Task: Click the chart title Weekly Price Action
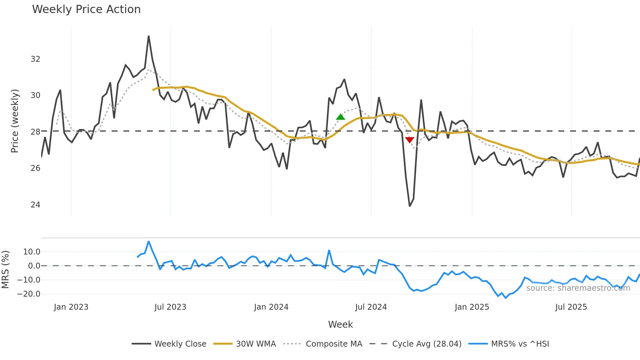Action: [x=86, y=9]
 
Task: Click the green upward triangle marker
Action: [x=341, y=117]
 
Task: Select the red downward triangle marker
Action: [x=409, y=140]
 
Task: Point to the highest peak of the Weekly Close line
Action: [x=149, y=36]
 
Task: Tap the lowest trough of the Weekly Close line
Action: [x=410, y=206]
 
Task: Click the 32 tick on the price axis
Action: [x=35, y=59]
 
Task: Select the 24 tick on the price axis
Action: [x=35, y=205]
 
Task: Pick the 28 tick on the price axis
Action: [x=35, y=132]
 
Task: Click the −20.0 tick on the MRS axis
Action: [x=29, y=294]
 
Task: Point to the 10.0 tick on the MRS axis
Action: [x=32, y=252]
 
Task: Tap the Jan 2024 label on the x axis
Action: [x=271, y=307]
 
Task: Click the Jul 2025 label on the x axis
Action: [x=571, y=307]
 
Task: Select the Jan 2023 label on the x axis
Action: [x=71, y=307]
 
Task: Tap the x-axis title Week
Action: [x=340, y=324]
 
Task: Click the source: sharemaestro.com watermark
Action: [x=578, y=288]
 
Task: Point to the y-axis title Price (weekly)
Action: [x=15, y=121]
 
